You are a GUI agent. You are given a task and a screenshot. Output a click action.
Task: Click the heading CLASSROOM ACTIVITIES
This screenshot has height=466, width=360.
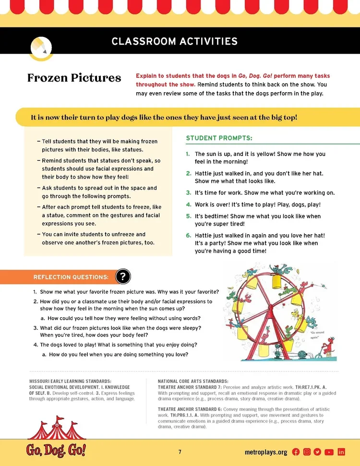click(174, 41)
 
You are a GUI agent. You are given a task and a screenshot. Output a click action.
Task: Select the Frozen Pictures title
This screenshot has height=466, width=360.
click(74, 78)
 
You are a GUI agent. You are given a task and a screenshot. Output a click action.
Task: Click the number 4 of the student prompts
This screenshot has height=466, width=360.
click(189, 204)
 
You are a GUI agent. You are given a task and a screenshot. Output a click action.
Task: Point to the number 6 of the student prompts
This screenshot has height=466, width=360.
click(189, 236)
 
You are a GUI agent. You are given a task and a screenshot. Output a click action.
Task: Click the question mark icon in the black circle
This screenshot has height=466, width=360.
click(123, 276)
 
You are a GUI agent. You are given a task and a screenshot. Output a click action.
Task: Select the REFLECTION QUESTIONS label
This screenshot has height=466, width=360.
click(71, 277)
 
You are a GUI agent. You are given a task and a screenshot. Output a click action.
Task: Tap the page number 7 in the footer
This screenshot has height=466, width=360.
click(180, 452)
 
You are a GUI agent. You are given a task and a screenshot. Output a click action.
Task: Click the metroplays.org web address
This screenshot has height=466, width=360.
click(265, 452)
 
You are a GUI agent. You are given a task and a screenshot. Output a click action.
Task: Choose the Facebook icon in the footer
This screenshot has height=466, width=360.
click(296, 452)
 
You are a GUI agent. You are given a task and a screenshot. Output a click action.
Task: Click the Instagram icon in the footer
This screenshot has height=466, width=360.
click(307, 452)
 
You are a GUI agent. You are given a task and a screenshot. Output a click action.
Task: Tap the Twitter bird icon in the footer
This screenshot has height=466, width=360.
click(317, 452)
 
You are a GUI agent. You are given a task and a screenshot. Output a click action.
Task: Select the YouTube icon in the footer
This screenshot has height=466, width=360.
click(329, 452)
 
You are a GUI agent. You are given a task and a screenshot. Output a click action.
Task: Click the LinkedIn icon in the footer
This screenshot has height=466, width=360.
click(341, 452)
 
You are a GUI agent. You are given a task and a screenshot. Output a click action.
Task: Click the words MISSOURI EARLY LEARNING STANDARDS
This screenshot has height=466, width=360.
click(70, 381)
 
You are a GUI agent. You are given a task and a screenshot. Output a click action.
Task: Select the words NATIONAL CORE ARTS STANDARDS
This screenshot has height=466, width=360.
click(193, 381)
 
